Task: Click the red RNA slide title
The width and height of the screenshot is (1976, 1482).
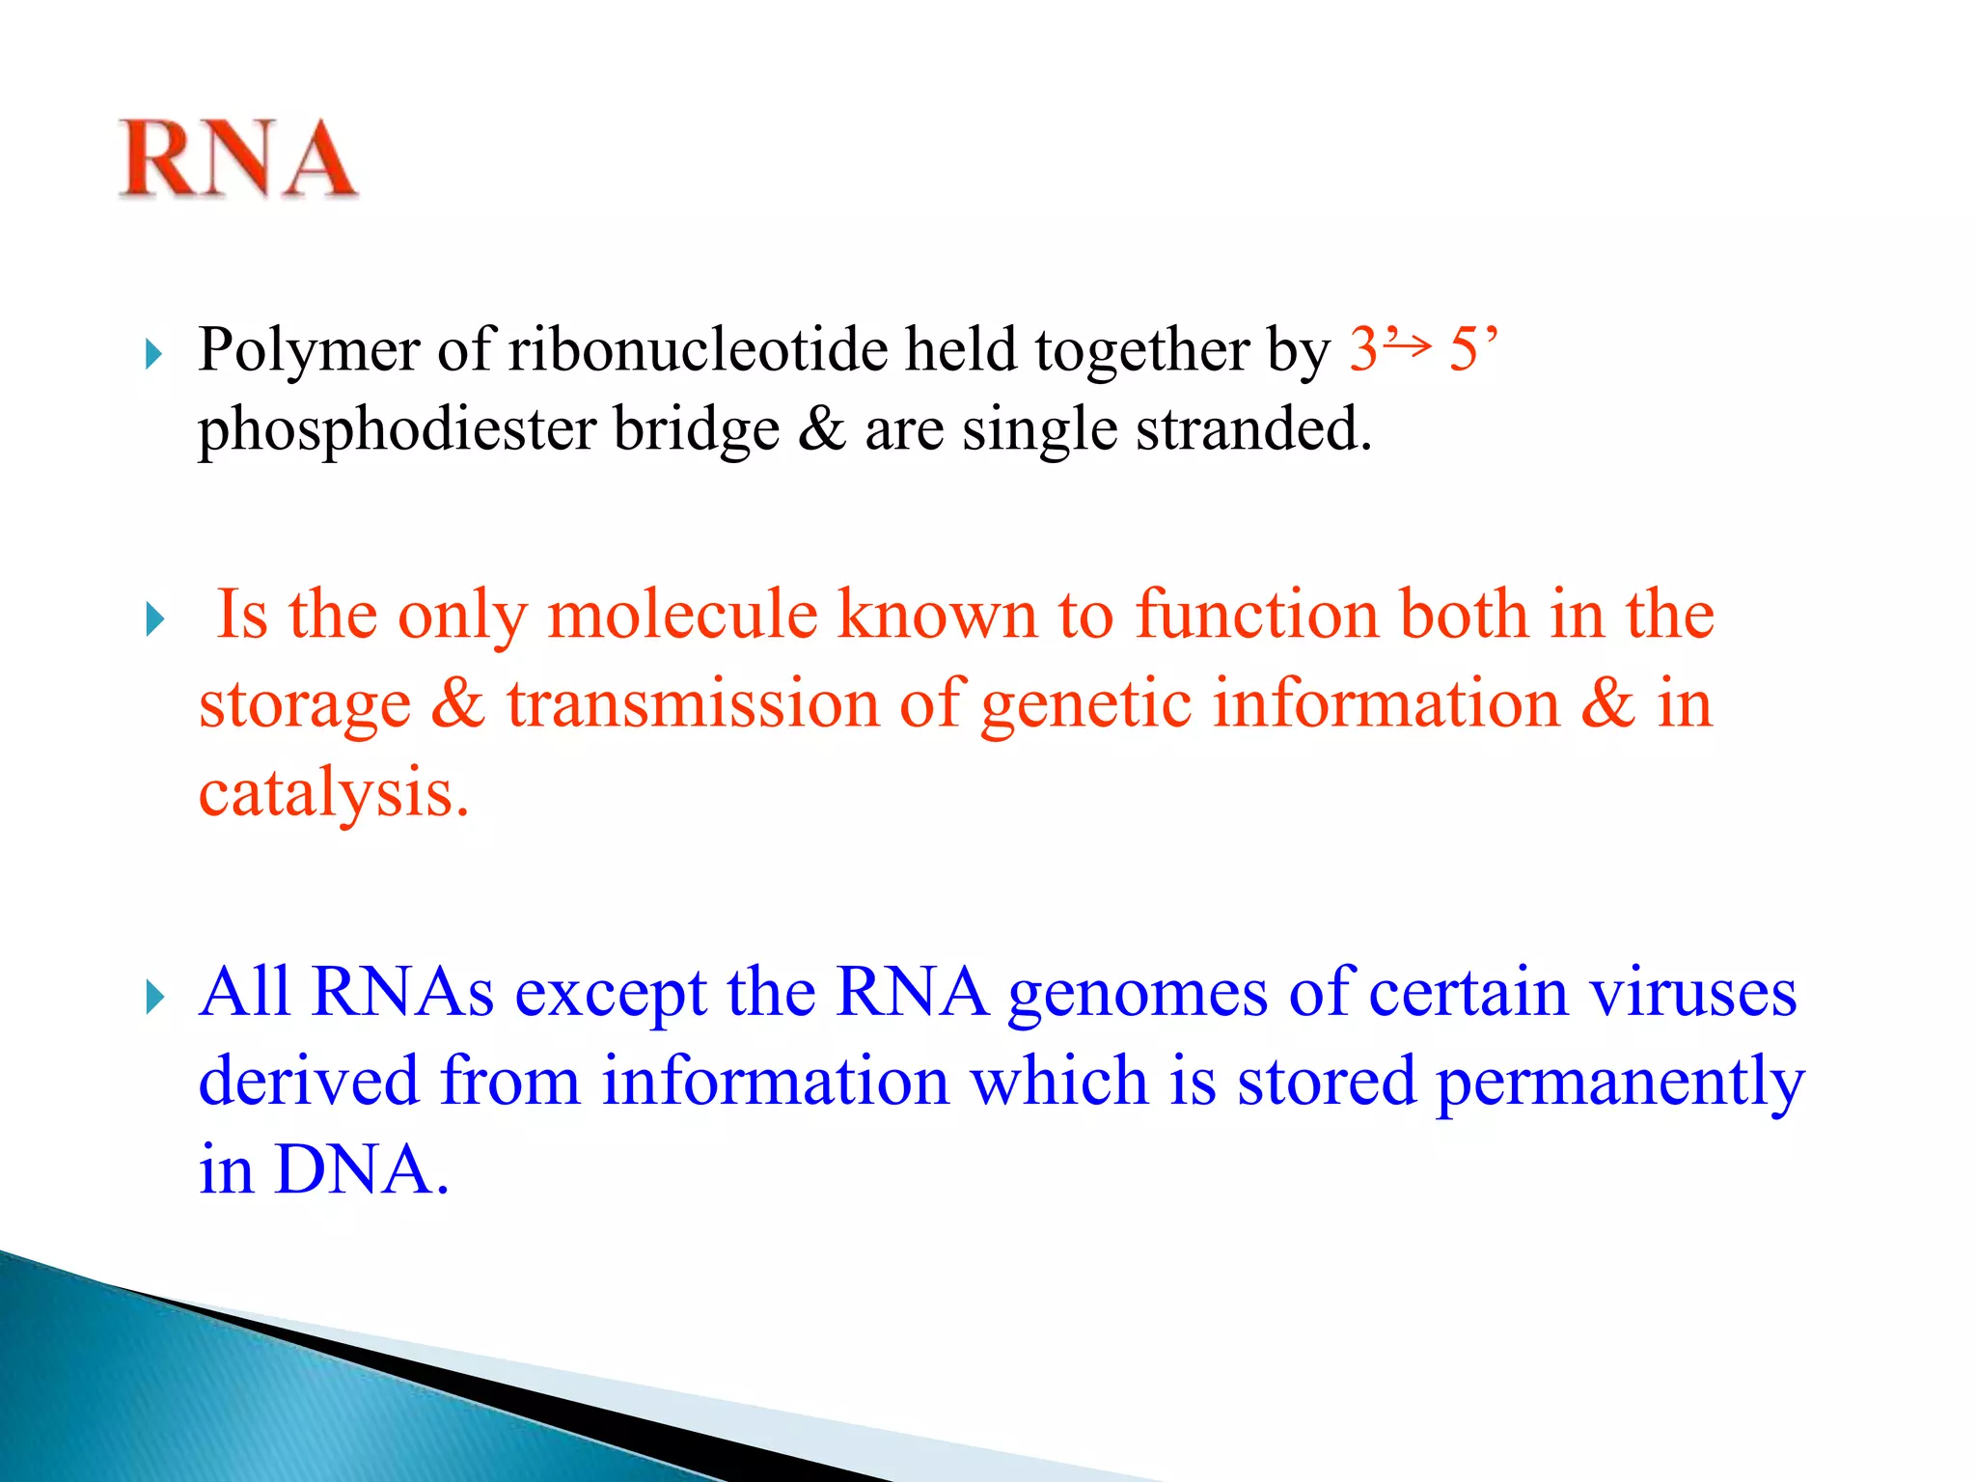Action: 238,159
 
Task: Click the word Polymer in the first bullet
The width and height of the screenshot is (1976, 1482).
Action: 309,350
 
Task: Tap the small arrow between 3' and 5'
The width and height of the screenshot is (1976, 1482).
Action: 1411,343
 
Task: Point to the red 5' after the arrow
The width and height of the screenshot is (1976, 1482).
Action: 1472,348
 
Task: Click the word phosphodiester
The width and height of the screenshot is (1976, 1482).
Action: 397,429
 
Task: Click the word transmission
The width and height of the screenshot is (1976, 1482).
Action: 693,703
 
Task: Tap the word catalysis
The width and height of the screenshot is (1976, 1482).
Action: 333,793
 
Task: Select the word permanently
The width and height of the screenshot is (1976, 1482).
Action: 1619,1082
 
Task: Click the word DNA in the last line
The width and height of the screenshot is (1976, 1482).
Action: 360,1170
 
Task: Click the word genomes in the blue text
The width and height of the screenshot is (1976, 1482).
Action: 1138,993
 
